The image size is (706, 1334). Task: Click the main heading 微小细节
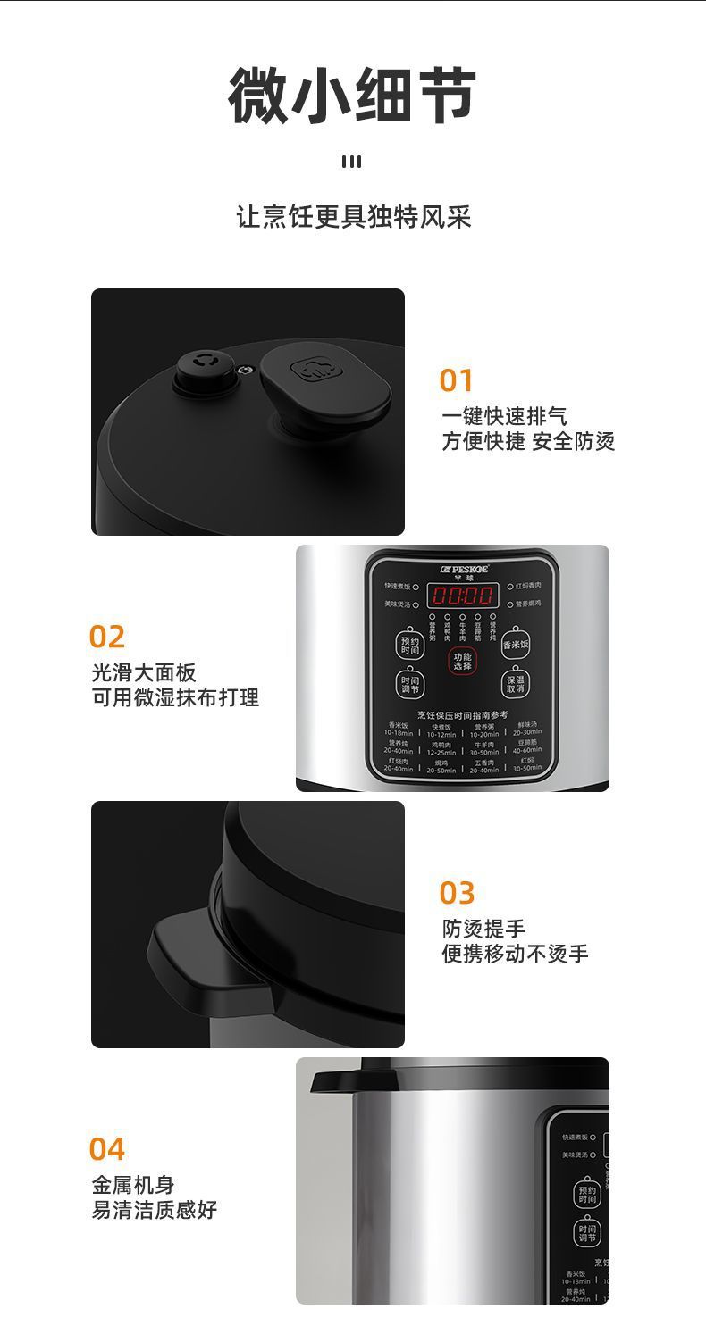(352, 96)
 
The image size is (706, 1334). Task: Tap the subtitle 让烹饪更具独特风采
(353, 217)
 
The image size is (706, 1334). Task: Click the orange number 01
(456, 380)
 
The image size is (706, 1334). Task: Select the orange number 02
(106, 637)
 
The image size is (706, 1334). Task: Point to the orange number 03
(457, 893)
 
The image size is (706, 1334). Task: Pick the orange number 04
(106, 1149)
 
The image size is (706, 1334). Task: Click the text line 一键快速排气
(504, 416)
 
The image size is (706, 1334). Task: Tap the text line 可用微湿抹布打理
(175, 697)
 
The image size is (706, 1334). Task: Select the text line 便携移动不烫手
(515, 954)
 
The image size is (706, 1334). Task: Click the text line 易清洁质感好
(154, 1210)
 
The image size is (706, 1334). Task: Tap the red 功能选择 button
(462, 662)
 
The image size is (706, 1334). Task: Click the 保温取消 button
(516, 684)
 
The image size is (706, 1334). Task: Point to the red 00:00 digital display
(462, 596)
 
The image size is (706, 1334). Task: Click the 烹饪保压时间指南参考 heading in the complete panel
(462, 714)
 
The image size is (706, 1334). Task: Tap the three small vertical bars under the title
(352, 162)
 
